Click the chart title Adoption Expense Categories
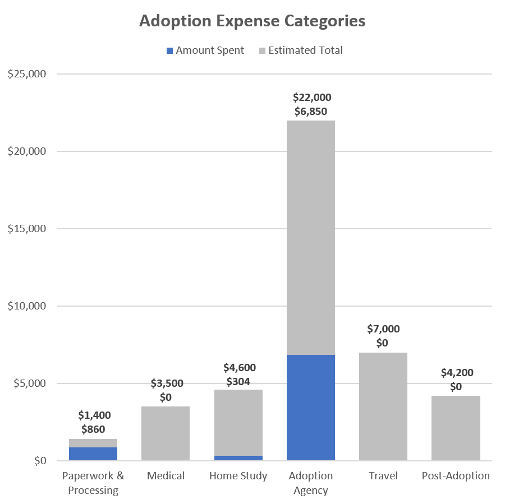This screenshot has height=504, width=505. click(252, 21)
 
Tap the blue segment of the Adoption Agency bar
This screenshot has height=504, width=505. click(310, 408)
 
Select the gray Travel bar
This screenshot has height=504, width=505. click(383, 406)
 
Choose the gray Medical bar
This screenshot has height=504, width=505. click(166, 433)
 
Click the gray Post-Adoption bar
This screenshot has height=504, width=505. click(456, 428)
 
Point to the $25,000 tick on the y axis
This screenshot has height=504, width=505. click(26, 74)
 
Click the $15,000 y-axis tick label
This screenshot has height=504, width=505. click(26, 229)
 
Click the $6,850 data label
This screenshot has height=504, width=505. click(311, 111)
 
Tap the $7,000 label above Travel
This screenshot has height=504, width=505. click(383, 329)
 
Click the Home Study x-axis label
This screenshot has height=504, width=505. click(238, 476)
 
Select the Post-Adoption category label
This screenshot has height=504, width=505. click(456, 476)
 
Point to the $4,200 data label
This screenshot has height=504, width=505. click(456, 373)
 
